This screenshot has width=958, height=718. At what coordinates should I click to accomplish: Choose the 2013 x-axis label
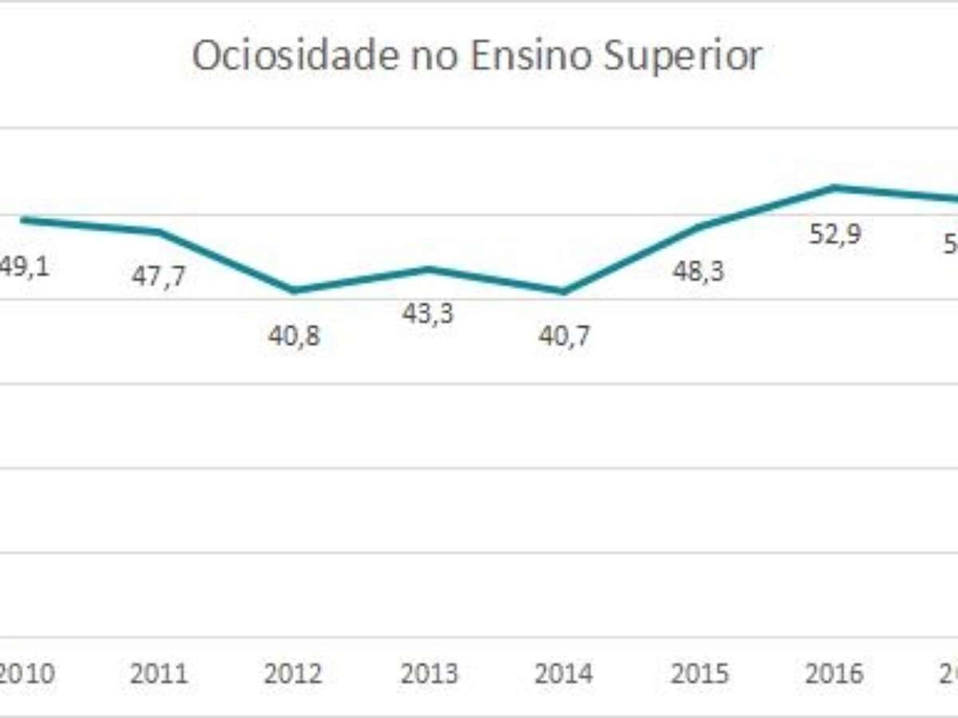430,674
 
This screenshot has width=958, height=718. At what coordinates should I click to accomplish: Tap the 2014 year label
564,674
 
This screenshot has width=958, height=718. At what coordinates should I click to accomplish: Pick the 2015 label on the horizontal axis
700,674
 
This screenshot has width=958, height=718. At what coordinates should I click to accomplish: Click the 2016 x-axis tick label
835,674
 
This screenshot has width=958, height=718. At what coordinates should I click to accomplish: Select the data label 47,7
159,277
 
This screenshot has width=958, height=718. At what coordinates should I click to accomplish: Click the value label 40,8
294,336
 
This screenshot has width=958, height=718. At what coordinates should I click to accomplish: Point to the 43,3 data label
428,314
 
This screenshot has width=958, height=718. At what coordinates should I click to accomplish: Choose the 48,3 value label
699,272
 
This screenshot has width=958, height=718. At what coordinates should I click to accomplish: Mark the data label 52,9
834,235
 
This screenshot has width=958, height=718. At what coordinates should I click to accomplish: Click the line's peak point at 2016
834,187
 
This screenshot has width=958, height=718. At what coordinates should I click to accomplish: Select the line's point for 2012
294,290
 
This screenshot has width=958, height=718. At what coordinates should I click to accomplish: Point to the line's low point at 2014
564,291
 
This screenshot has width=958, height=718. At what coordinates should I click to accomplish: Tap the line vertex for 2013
429,269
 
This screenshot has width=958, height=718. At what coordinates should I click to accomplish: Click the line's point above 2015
699,227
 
